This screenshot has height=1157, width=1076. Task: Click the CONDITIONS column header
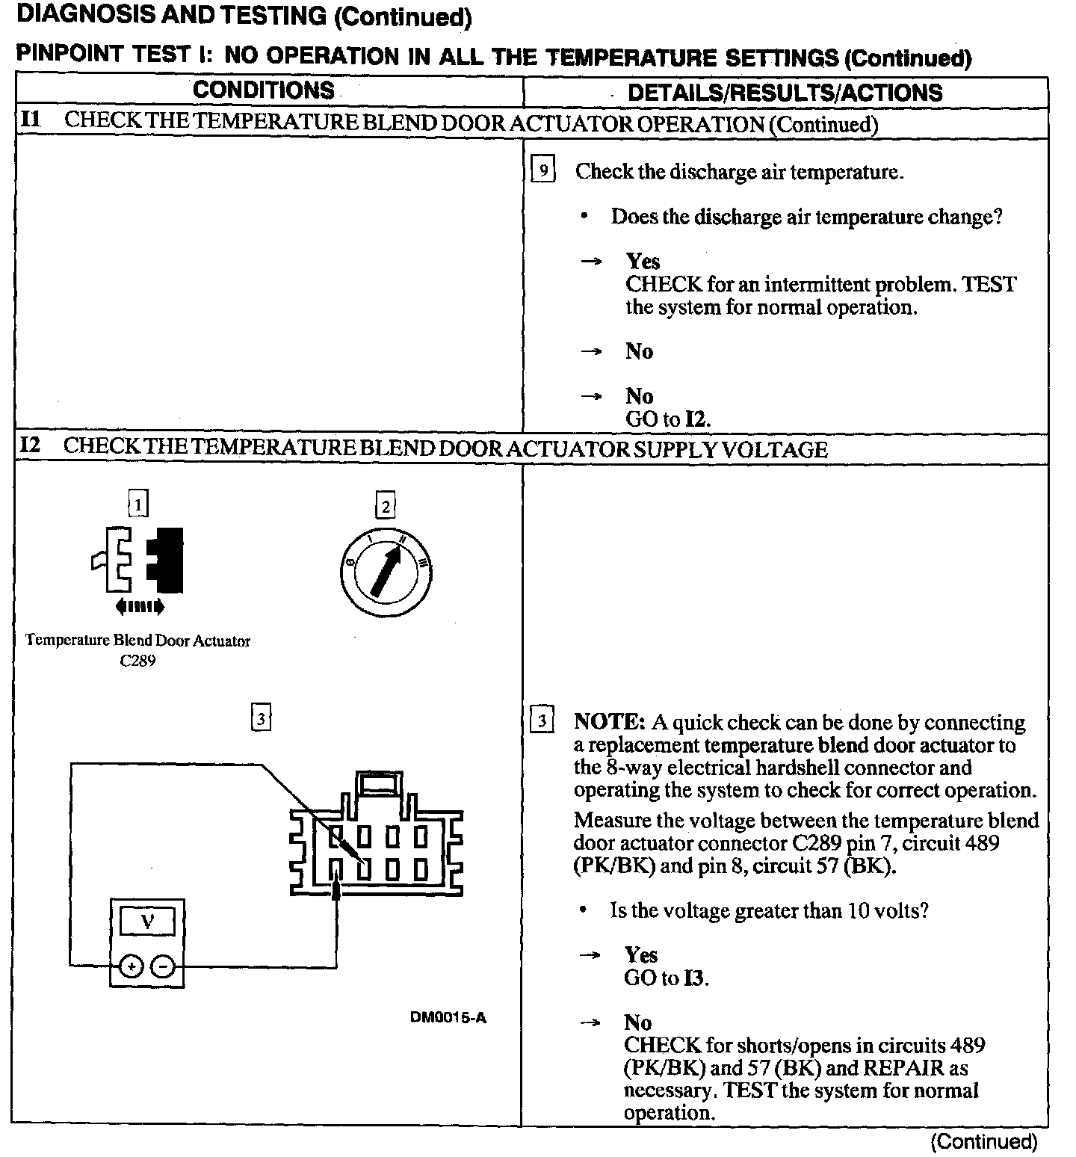click(263, 90)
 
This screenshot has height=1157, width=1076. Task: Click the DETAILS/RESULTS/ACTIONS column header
click(785, 93)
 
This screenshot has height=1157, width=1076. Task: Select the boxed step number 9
click(543, 170)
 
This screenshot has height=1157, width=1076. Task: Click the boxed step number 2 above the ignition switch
click(385, 507)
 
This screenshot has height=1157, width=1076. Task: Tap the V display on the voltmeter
click(147, 922)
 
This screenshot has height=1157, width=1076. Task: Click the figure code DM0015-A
click(448, 1017)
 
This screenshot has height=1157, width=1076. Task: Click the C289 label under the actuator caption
click(137, 661)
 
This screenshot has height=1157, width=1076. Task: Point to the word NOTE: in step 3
click(608, 723)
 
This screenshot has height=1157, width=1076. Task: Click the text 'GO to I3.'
click(666, 978)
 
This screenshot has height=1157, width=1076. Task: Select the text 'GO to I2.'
click(667, 419)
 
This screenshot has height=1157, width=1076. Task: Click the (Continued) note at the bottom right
click(983, 1141)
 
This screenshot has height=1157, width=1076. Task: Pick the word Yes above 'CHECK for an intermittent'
click(643, 262)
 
